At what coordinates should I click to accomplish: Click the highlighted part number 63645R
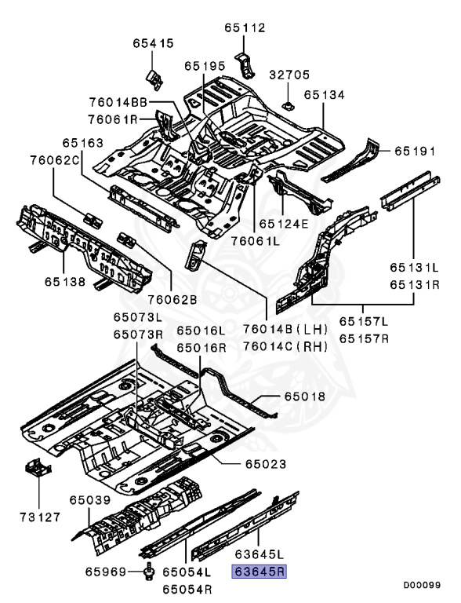point(259,572)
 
